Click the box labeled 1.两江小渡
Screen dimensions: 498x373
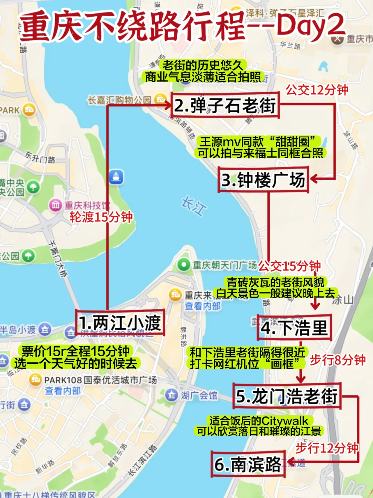(120, 323)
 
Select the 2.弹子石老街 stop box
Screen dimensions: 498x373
(225, 105)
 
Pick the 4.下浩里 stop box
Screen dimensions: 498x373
(294, 328)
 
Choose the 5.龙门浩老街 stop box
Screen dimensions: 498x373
(287, 396)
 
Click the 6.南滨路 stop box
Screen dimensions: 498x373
(248, 464)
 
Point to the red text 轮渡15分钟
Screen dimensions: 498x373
(101, 217)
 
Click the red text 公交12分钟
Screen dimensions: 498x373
(317, 90)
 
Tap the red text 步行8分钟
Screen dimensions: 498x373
(337, 360)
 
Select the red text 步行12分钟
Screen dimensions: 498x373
(327, 448)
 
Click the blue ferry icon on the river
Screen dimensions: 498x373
(116, 177)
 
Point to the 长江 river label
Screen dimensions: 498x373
(194, 206)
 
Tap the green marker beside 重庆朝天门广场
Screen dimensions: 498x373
(183, 265)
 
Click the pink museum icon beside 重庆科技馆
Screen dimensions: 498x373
(55, 205)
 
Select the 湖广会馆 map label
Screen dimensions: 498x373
(199, 395)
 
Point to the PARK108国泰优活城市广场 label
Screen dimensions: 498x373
(100, 380)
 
